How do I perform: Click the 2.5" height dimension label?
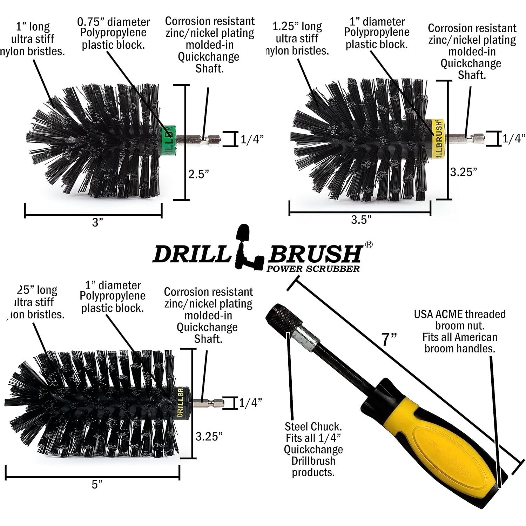tap(198, 174)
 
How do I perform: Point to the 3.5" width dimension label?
tap(361, 220)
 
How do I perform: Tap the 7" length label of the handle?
tap(389, 339)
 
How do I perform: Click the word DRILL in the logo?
tap(191, 254)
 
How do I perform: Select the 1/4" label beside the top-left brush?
tap(251, 140)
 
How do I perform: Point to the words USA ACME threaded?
tap(460, 314)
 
